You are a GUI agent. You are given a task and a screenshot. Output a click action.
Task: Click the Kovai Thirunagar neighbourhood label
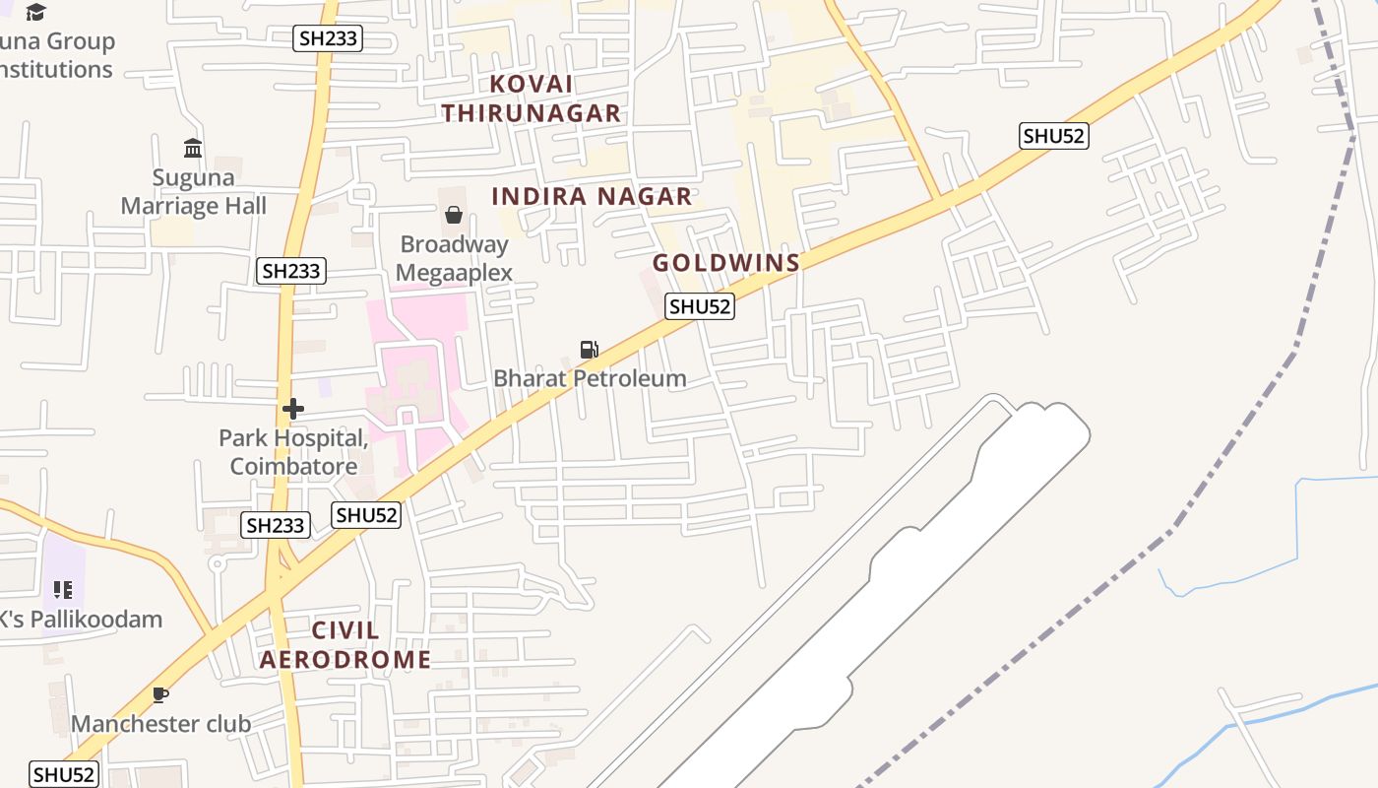pyautogui.click(x=532, y=98)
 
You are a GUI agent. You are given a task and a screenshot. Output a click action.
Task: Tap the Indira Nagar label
pyautogui.click(x=592, y=196)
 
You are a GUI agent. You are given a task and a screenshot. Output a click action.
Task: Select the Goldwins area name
pyautogui.click(x=726, y=263)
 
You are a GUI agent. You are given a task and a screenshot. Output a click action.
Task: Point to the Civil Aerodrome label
pyautogui.click(x=344, y=645)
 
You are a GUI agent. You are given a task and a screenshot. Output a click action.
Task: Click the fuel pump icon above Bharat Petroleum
pyautogui.click(x=589, y=349)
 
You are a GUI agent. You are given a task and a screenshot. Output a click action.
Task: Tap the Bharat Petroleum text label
pyautogui.click(x=590, y=378)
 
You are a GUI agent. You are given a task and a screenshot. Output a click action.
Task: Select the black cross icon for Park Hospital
pyautogui.click(x=292, y=409)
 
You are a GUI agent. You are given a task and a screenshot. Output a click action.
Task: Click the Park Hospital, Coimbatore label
pyautogui.click(x=293, y=452)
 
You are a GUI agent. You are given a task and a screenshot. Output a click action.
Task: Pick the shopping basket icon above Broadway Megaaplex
pyautogui.click(x=454, y=214)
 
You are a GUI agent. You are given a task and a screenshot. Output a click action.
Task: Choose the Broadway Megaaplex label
pyautogui.click(x=454, y=258)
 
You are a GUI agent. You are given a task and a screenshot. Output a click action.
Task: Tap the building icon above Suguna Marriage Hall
pyautogui.click(x=193, y=149)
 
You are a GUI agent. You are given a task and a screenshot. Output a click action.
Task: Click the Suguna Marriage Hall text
pyautogui.click(x=194, y=192)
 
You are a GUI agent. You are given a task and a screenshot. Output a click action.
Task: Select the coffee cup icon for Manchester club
pyautogui.click(x=160, y=694)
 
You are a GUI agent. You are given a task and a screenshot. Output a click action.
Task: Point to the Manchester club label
pyautogui.click(x=160, y=724)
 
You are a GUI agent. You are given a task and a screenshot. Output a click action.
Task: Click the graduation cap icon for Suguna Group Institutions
pyautogui.click(x=36, y=13)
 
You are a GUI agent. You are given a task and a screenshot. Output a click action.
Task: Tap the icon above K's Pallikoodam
pyautogui.click(x=63, y=590)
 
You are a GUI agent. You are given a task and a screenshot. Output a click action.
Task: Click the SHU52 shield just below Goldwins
pyautogui.click(x=700, y=306)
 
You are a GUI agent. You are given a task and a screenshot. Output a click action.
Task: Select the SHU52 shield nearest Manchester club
pyautogui.click(x=64, y=774)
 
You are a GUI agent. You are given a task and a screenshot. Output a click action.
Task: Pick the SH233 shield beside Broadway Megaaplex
pyautogui.click(x=291, y=271)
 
